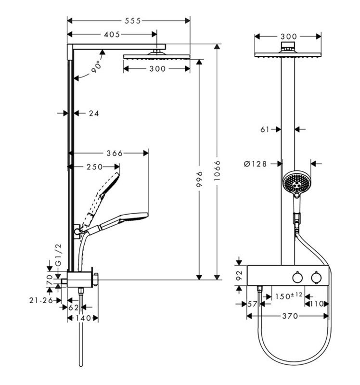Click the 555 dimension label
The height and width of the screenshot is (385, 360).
(133, 21)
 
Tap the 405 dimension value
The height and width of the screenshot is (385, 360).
(112, 35)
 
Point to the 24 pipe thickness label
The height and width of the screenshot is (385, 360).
(93, 113)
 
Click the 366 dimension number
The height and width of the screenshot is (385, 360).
(115, 154)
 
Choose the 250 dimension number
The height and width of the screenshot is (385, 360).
(94, 167)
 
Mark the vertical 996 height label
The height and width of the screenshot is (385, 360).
(199, 179)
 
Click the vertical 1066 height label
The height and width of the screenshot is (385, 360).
(217, 171)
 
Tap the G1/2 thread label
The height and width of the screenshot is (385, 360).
(58, 255)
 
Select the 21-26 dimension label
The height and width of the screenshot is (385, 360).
(41, 300)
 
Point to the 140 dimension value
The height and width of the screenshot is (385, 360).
(83, 318)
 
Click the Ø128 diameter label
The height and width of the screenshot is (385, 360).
(256, 164)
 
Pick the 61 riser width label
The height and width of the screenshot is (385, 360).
(265, 129)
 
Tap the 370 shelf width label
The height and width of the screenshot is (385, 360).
(290, 316)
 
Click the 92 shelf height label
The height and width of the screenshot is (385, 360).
(239, 275)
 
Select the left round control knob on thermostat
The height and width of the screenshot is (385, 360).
(297, 278)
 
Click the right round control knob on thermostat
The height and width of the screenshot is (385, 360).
(316, 278)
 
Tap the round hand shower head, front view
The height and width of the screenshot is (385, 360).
(296, 182)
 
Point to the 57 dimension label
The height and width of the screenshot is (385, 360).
(252, 304)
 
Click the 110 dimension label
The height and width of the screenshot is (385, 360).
(317, 304)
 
